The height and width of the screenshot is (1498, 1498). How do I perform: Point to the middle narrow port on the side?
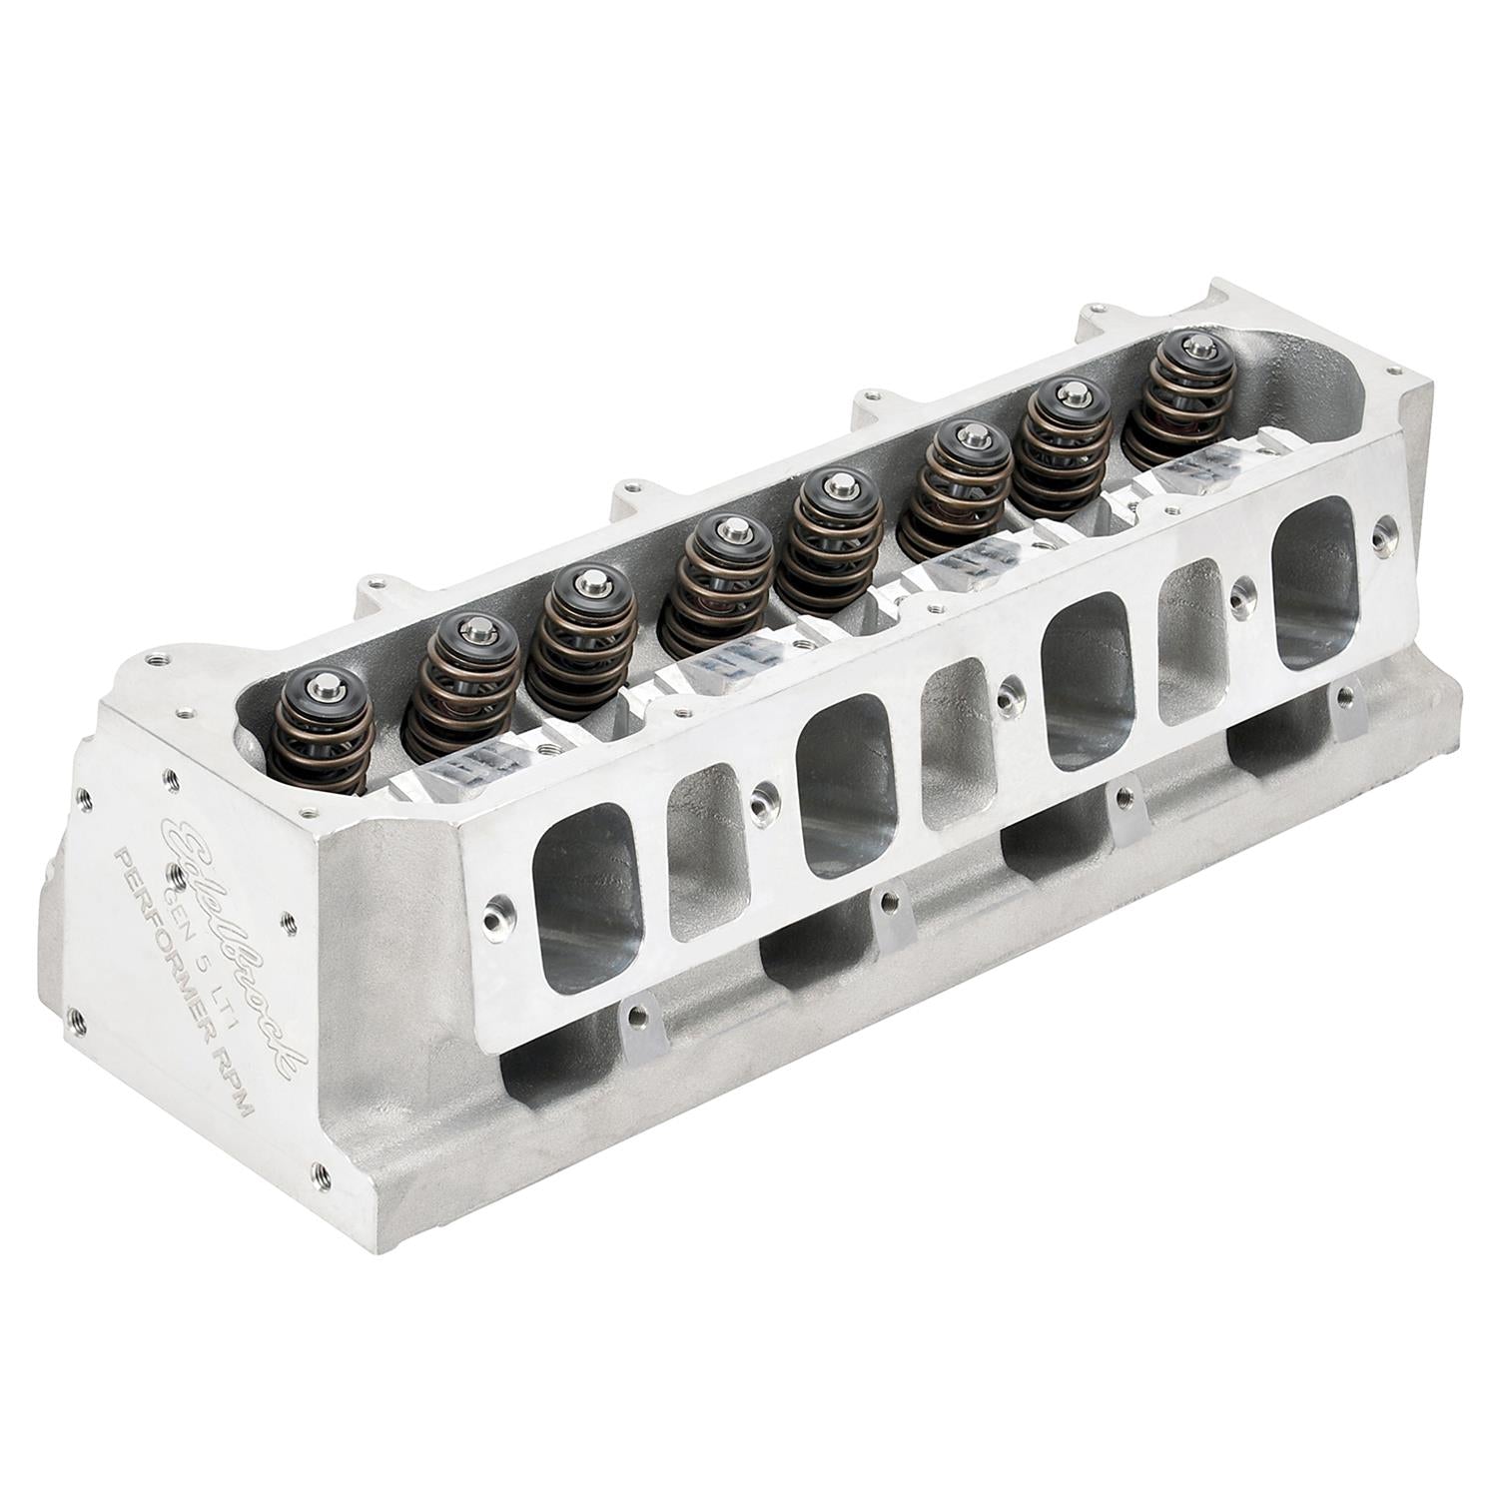[x=957, y=743]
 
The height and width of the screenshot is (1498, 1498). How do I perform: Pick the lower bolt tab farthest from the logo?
[x=1349, y=710]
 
